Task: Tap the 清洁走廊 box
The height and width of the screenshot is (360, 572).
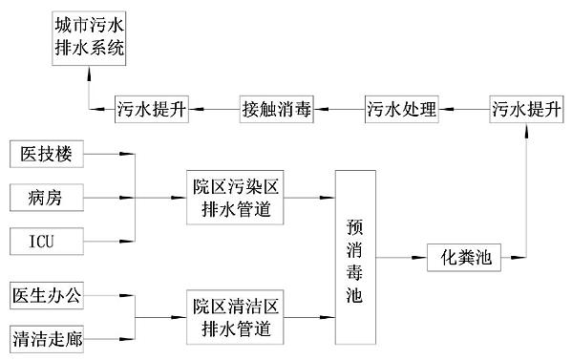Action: pyautogui.click(x=49, y=338)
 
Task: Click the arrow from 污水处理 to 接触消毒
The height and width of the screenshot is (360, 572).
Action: pyautogui.click(x=339, y=109)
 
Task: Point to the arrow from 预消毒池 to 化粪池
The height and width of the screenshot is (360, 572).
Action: pyautogui.click(x=403, y=258)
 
